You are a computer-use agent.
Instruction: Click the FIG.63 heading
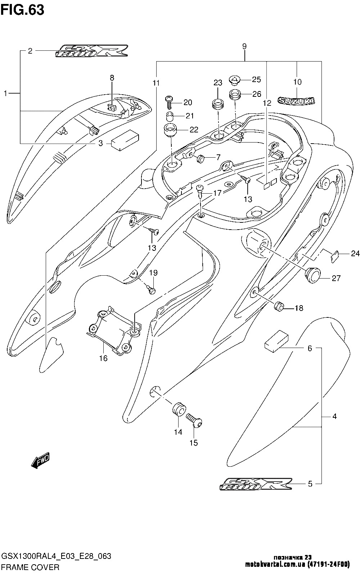[22, 10]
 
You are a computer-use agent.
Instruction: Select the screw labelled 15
[194, 421]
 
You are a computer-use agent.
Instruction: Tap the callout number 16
[103, 358]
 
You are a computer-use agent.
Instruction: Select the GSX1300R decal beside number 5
[256, 484]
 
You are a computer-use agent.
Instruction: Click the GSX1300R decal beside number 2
[92, 51]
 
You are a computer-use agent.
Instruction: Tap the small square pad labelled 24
[334, 256]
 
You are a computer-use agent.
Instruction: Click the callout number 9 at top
[244, 46]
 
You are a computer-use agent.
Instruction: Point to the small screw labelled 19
[152, 288]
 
